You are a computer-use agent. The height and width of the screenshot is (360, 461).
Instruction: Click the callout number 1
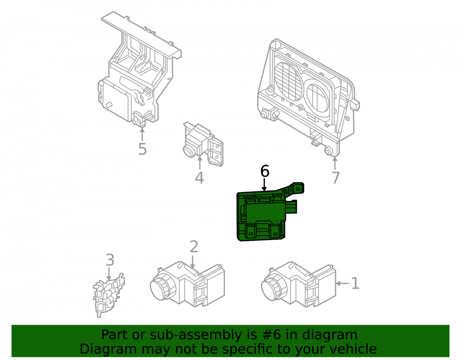[x=355, y=283]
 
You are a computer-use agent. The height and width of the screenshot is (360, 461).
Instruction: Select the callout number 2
[x=194, y=247]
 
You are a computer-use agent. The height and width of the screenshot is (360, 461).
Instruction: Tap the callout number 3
[x=110, y=260]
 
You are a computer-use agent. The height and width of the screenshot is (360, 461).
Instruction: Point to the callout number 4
[x=199, y=177]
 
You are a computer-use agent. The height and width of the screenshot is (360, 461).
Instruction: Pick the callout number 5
[x=142, y=149]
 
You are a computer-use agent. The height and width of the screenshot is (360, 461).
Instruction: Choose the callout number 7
[x=336, y=177]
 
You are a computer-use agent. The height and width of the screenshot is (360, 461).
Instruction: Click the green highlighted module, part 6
[x=262, y=216]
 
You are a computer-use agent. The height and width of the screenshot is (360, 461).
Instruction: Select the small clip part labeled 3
[x=108, y=295]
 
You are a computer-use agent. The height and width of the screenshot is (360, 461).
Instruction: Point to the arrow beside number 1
[x=343, y=283]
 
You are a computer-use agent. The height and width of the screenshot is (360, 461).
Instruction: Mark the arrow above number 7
[x=335, y=163]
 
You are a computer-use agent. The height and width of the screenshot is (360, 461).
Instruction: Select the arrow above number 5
[x=142, y=134]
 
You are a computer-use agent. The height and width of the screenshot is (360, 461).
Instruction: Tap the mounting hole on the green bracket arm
[x=298, y=189]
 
